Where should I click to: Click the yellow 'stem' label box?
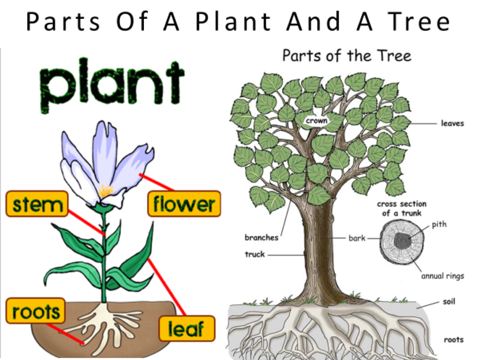pos(37,204)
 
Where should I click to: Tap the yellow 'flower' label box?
pos(184,204)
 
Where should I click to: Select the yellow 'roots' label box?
pos(36,311)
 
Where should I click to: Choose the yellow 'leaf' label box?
pos(187,328)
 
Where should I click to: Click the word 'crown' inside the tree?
pos(316,121)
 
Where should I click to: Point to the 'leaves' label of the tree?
pos(452,123)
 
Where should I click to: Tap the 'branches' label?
pos(262,237)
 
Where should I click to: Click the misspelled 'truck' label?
pos(255,254)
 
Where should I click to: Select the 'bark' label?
pos(357,238)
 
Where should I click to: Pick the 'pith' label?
pos(439,224)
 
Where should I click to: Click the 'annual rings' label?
pos(443,276)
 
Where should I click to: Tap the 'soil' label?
pos(449,301)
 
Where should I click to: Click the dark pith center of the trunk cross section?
pos(403,241)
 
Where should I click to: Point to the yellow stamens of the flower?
pos(106,191)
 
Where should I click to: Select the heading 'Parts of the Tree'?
pos(347,56)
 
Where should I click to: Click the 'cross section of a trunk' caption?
pos(402,208)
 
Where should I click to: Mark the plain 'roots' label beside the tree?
pos(454,340)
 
